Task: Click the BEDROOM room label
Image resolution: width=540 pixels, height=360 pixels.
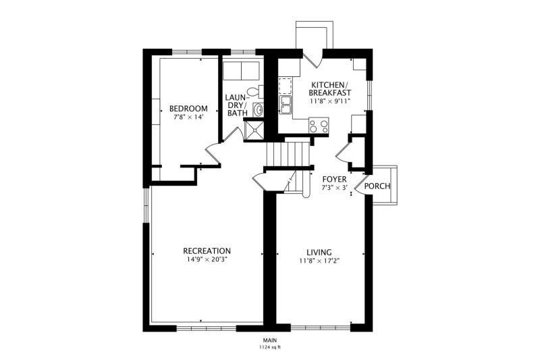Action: [188, 109]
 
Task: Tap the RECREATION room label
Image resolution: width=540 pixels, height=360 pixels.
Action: [207, 251]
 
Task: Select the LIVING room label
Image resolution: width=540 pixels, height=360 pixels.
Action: [319, 253]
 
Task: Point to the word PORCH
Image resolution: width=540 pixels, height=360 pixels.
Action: [377, 186]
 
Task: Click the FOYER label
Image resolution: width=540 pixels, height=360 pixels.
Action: [334, 180]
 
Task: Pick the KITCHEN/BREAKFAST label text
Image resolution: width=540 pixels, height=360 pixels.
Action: [329, 89]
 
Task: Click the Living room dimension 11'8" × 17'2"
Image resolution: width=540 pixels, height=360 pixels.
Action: [319, 261]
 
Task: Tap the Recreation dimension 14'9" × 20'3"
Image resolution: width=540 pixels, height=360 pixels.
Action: [207, 259]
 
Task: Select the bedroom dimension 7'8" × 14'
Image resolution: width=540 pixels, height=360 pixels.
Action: [189, 117]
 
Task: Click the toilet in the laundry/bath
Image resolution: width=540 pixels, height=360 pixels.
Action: [255, 92]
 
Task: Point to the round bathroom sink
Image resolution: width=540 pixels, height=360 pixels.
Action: [258, 110]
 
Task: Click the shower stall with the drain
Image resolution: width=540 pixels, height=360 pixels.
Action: [254, 130]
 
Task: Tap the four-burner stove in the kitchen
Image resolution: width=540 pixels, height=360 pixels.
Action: [319, 126]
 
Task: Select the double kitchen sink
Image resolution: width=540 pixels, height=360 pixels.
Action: [286, 105]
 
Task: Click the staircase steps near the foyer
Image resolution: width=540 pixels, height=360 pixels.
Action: [288, 155]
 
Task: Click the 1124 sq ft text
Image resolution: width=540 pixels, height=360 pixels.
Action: [270, 347]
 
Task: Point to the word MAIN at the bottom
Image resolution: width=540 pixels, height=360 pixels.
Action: [271, 340]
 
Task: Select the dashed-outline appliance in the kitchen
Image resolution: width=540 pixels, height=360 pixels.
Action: [285, 86]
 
